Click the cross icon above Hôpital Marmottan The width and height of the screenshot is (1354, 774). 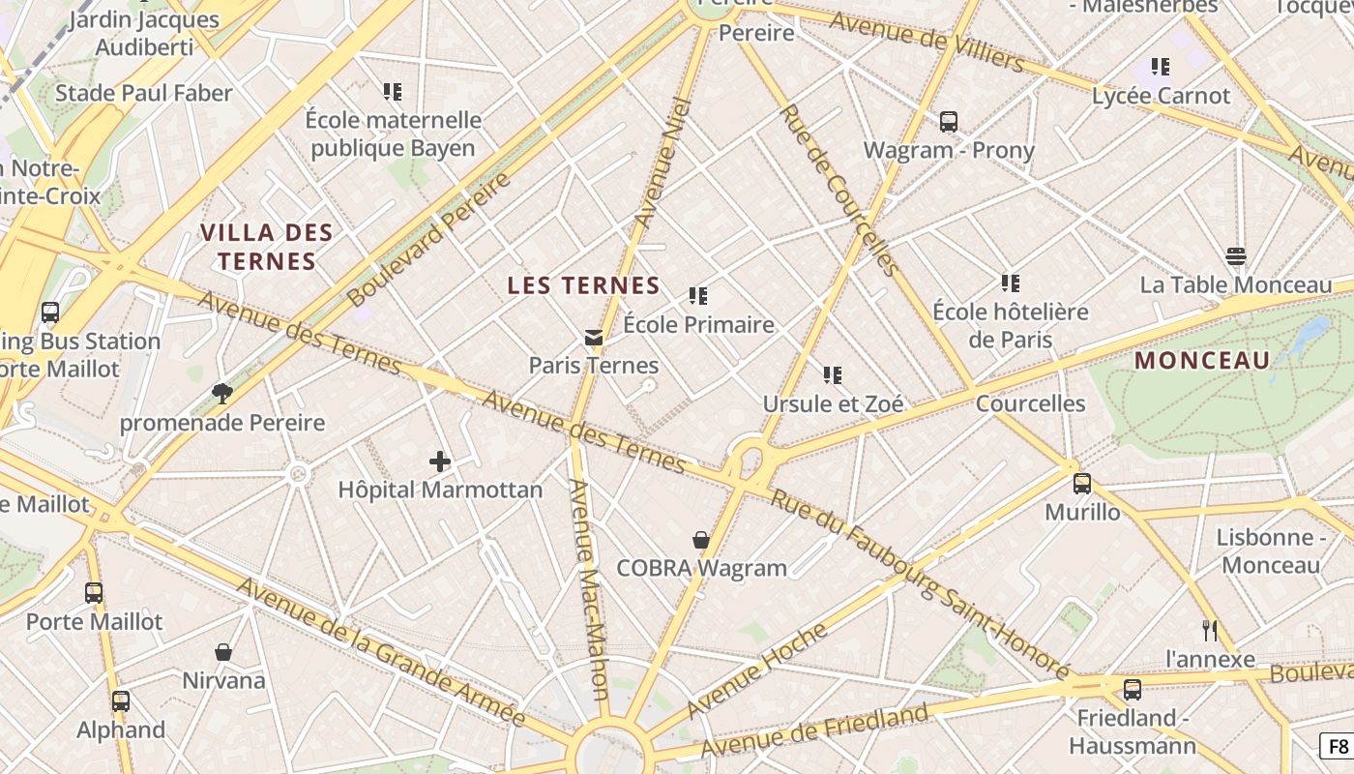point(440,461)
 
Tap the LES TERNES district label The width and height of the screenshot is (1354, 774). point(583,285)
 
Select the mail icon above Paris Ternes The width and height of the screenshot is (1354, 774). point(594,338)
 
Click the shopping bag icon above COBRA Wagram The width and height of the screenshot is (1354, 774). point(701,540)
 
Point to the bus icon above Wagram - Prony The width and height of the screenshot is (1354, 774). point(949,122)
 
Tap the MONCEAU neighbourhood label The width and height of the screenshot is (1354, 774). point(1202,361)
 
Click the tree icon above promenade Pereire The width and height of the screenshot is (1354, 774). point(222,393)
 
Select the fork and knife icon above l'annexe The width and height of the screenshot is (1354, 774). point(1209,631)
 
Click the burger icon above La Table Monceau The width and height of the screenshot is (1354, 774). point(1235,256)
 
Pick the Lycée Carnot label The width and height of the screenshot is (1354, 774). point(1161,96)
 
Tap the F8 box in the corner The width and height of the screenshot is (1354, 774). point(1338,746)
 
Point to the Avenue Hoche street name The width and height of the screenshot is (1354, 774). point(757,670)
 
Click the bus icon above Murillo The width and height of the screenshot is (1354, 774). point(1082,484)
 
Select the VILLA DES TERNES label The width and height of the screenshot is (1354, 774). point(267,247)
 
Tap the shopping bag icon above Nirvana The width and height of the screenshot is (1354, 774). point(223,652)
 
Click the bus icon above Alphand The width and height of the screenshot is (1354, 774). point(121,701)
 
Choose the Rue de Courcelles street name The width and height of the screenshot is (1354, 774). point(838,189)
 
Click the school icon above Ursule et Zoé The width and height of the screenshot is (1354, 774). point(833,374)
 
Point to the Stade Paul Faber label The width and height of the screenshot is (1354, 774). point(144,93)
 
